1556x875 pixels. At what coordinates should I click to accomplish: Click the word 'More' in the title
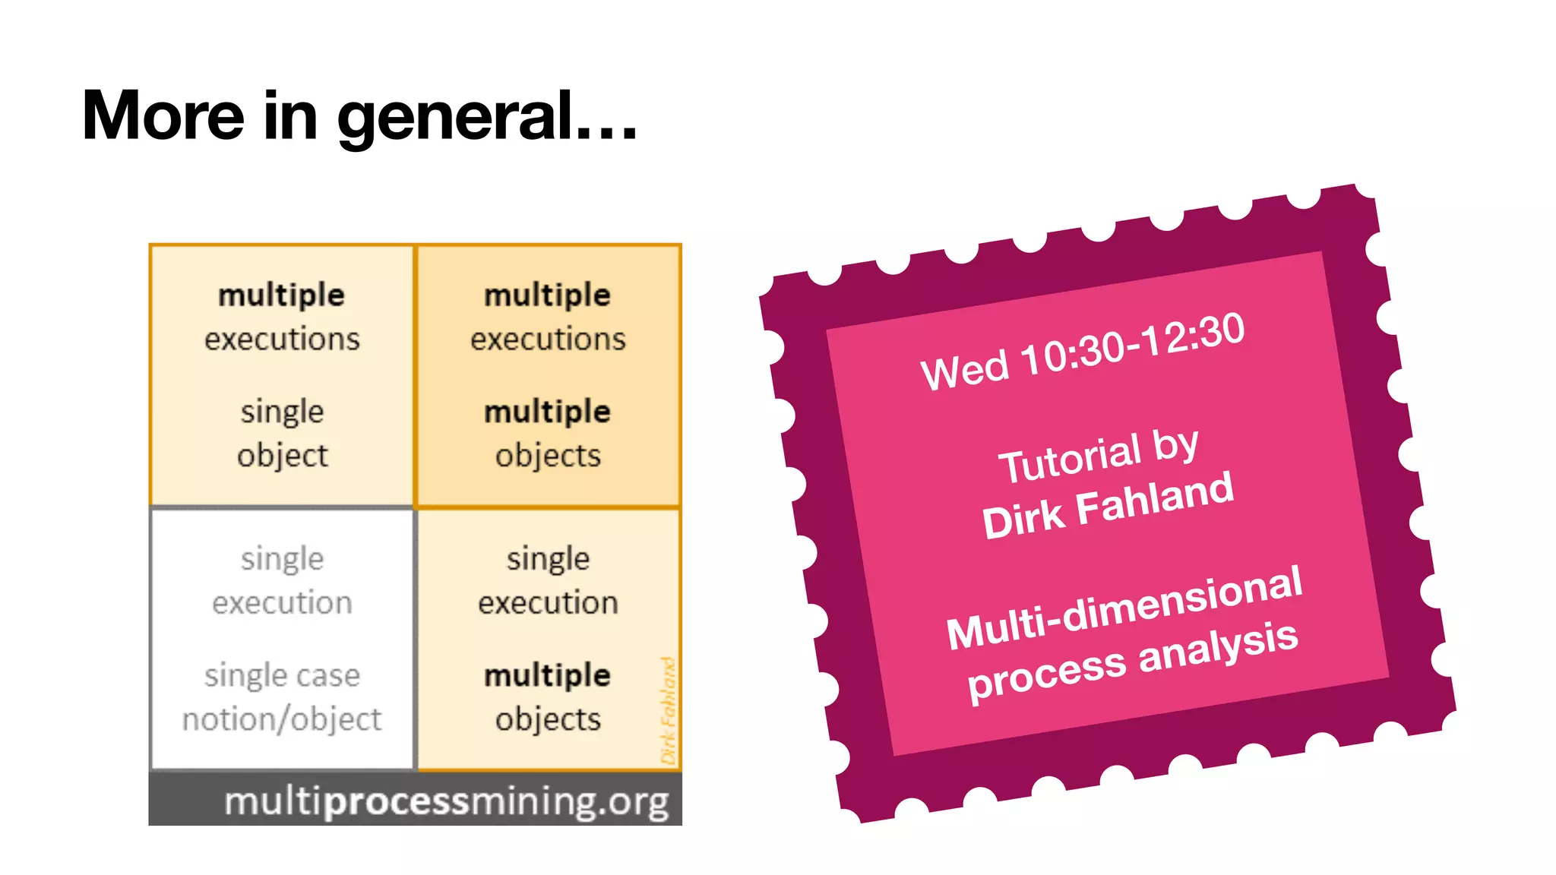pos(163,115)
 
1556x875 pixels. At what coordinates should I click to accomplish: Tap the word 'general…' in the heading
pos(487,118)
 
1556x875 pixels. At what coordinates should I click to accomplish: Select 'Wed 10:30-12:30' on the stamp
pos(1083,351)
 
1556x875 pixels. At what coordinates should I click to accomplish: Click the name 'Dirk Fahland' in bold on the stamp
pos(1108,504)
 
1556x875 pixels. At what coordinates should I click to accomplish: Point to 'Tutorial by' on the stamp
pos(1099,456)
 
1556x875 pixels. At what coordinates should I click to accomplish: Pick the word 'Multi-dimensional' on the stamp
pos(1124,608)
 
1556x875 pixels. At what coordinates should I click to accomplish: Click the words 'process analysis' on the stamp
pos(1132,660)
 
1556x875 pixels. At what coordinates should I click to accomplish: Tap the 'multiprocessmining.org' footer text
pos(447,801)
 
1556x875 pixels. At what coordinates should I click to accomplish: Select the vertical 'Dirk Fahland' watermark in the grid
pos(668,710)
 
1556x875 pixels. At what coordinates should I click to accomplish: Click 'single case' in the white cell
pos(282,675)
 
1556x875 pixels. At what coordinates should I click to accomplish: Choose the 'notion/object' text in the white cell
pos(282,719)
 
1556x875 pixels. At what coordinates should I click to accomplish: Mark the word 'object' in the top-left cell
pos(282,456)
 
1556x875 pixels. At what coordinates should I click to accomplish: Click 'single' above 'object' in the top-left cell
pos(282,412)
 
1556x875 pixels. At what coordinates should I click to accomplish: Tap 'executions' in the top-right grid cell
pos(548,339)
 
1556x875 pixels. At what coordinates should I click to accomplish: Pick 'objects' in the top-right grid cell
pos(548,456)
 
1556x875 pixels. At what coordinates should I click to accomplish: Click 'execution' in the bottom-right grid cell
pos(548,603)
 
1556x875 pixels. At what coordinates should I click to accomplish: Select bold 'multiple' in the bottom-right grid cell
pos(548,675)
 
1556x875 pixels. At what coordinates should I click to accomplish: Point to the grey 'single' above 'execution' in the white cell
pos(282,559)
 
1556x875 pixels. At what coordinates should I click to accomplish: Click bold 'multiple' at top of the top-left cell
pos(282,295)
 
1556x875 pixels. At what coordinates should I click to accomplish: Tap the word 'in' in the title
pos(289,115)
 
